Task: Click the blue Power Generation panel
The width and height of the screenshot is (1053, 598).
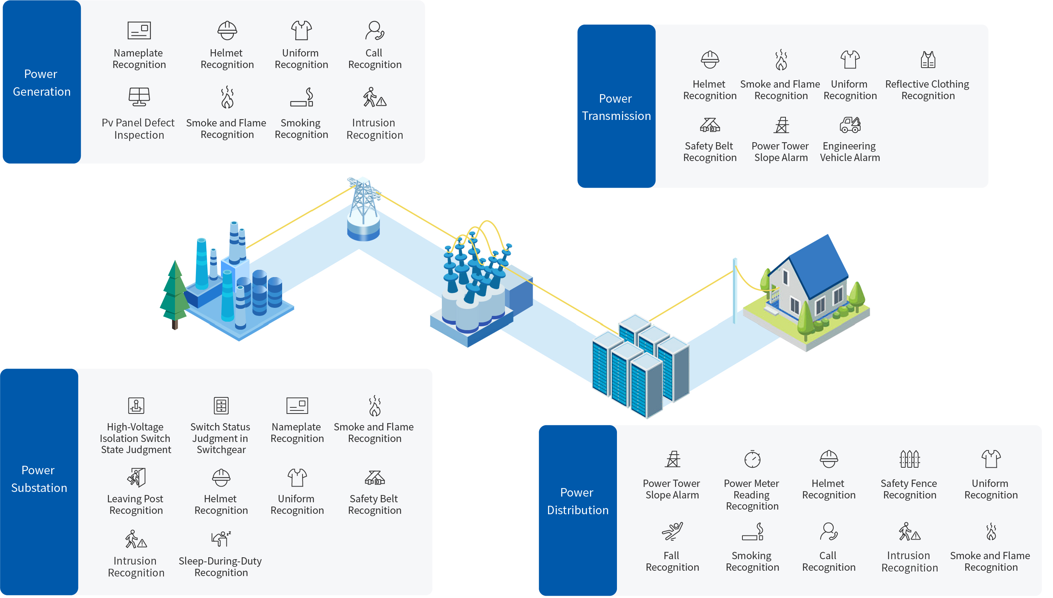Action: tap(42, 82)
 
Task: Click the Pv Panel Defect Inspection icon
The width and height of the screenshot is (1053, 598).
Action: tap(139, 97)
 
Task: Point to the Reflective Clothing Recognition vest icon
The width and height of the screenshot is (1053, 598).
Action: tap(928, 60)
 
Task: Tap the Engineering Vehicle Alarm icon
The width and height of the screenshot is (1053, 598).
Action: tap(849, 125)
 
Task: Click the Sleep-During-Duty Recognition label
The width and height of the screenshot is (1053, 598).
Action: tap(221, 567)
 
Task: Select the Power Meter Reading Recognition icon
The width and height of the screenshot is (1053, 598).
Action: tap(752, 459)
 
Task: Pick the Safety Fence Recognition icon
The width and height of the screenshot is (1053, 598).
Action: tap(909, 459)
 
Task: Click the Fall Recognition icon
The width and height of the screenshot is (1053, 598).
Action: tap(672, 532)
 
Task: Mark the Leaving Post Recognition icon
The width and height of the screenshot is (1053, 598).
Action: tap(136, 477)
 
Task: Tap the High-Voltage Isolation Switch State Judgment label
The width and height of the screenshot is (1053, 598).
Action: tap(135, 439)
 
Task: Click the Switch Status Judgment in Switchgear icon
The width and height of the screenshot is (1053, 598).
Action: tap(221, 406)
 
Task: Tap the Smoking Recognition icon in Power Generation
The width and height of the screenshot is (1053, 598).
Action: tap(301, 97)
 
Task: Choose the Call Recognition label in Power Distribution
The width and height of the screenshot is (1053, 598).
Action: tap(828, 561)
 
